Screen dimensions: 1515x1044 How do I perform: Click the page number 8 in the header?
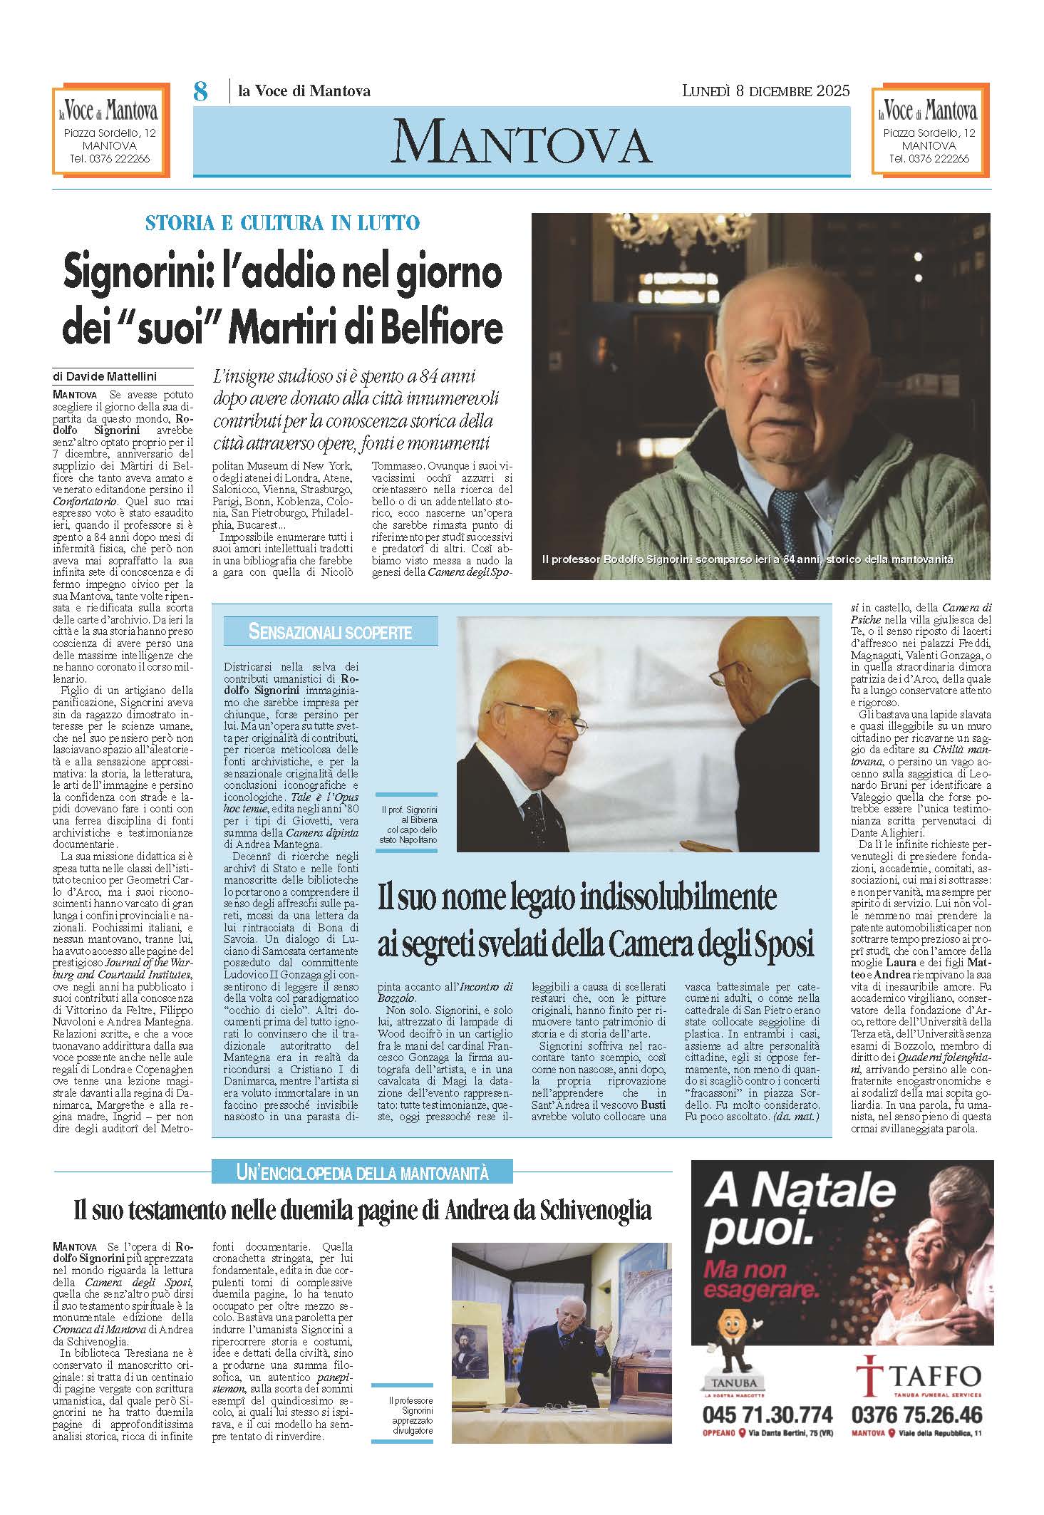(x=201, y=92)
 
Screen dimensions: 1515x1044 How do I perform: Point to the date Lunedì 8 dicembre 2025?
(x=766, y=91)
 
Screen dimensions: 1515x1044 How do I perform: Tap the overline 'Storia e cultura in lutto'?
(x=282, y=223)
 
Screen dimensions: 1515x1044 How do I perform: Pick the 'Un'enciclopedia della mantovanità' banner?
(x=362, y=1171)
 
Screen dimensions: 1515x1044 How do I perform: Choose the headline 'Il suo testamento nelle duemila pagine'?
(x=363, y=1209)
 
